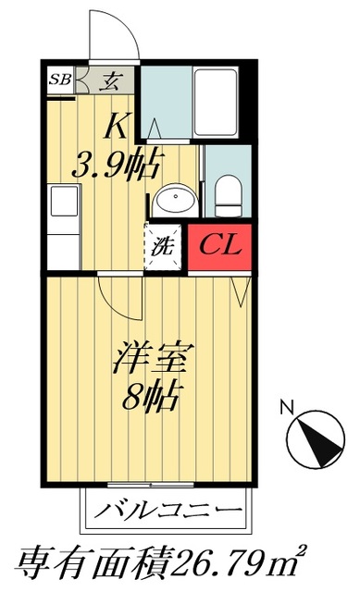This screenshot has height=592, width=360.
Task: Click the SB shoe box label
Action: click(62, 78)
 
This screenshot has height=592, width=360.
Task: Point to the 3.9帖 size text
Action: click(116, 166)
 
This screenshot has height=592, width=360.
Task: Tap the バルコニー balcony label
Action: click(168, 510)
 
